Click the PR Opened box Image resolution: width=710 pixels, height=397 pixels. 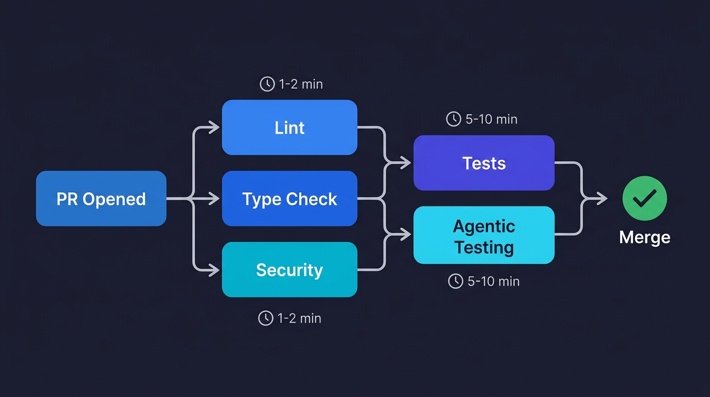pos(101,198)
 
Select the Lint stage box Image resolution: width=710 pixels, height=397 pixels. pos(289,128)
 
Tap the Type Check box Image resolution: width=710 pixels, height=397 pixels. pos(289,198)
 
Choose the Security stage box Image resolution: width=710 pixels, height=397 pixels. pos(289,269)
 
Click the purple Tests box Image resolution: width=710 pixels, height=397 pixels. pos(483,163)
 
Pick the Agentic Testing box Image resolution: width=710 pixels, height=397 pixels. pos(483,235)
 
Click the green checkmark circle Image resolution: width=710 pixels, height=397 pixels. pos(644,198)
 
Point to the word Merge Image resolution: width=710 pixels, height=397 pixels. pos(644,237)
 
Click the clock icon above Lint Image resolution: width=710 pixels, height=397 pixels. pos(267,84)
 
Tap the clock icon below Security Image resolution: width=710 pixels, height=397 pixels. pos(265,318)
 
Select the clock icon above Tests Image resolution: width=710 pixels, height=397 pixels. pos(453,119)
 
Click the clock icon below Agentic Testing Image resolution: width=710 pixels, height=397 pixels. pos(455,281)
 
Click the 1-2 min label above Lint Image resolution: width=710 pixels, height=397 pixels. pos(301,84)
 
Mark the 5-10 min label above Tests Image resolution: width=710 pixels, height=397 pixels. pos(491,119)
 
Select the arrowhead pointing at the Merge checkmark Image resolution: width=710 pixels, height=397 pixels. pos(602,198)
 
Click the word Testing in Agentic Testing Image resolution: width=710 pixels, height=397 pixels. pos(483,247)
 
